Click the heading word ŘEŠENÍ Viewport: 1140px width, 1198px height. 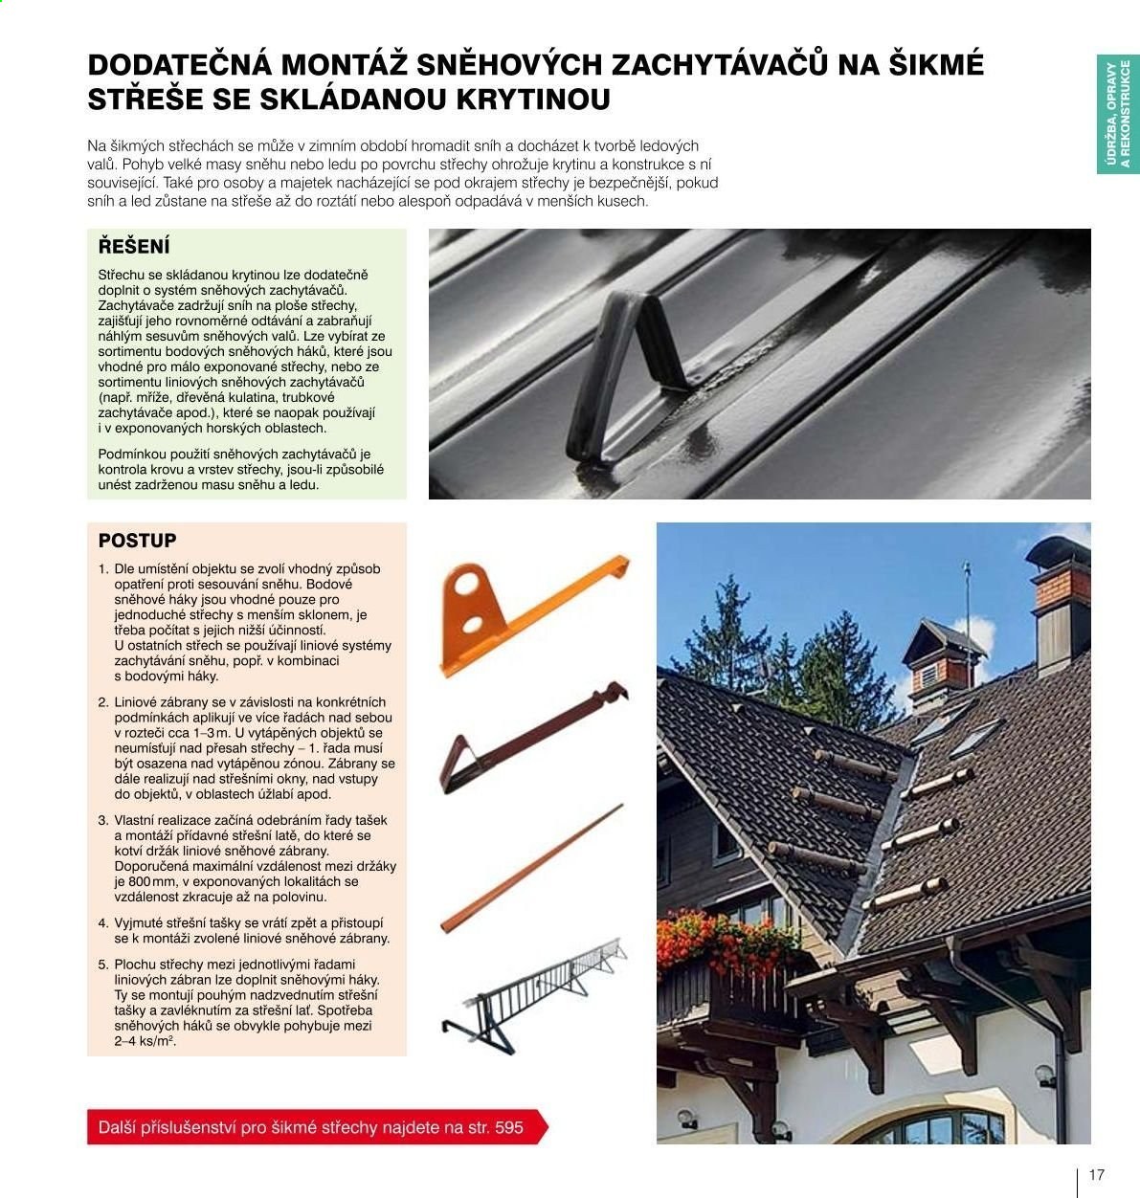(133, 246)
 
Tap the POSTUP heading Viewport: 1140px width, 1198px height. (137, 541)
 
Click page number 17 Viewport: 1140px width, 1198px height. (1096, 1175)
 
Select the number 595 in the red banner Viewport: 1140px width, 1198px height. (509, 1127)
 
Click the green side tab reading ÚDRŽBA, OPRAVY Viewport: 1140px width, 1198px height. (1118, 114)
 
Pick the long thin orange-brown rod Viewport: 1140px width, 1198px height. (532, 868)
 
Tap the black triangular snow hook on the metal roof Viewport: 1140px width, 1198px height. (628, 375)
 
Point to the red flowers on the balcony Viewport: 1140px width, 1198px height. (726, 942)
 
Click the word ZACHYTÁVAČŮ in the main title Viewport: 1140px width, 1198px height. (720, 65)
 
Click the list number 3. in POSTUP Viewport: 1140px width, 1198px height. (103, 821)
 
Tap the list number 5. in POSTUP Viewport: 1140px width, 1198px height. (103, 965)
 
